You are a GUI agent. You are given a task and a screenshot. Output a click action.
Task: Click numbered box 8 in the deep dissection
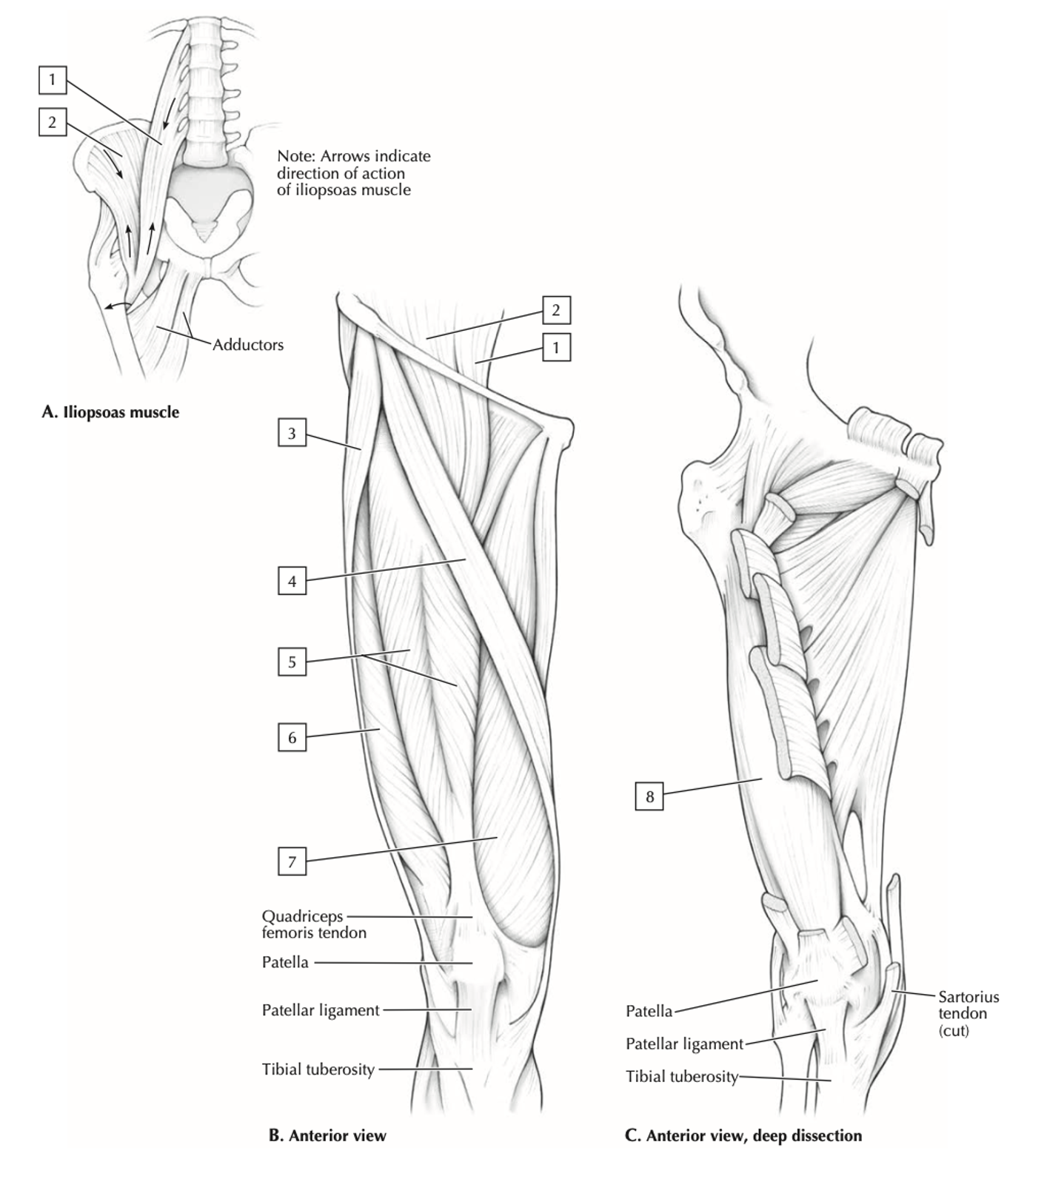pyautogui.click(x=649, y=796)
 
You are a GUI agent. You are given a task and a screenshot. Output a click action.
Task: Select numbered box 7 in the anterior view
pyautogui.click(x=292, y=861)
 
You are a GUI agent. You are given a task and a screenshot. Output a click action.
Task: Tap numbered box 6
pyautogui.click(x=292, y=738)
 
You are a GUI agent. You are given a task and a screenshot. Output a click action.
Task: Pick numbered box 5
pyautogui.click(x=292, y=662)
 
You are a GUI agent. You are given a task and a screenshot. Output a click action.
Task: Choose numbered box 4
pyautogui.click(x=292, y=581)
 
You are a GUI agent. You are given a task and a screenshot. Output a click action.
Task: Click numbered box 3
pyautogui.click(x=292, y=433)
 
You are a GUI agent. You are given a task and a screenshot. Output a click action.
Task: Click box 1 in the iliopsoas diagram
pyautogui.click(x=52, y=79)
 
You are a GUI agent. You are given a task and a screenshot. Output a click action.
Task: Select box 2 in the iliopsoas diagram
pyautogui.click(x=52, y=122)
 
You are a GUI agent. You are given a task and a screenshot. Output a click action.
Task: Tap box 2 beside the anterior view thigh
pyautogui.click(x=556, y=310)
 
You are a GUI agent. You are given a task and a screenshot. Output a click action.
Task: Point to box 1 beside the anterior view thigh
pyautogui.click(x=556, y=347)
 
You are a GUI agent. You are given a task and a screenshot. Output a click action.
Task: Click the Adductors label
pyautogui.click(x=248, y=345)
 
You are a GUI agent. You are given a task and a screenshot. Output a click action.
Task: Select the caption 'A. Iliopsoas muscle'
pyautogui.click(x=110, y=412)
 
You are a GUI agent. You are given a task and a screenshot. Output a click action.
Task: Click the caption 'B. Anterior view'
pyautogui.click(x=327, y=1135)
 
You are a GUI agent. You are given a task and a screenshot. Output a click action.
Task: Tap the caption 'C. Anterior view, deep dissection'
pyautogui.click(x=743, y=1135)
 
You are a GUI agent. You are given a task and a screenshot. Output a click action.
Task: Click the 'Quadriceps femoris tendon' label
pyautogui.click(x=314, y=924)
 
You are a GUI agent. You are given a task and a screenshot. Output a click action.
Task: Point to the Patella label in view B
pyautogui.click(x=285, y=962)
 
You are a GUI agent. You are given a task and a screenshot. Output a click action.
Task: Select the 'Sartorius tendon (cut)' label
pyautogui.click(x=969, y=1014)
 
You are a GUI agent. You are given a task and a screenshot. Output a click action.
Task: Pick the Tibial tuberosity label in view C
pyautogui.click(x=682, y=1077)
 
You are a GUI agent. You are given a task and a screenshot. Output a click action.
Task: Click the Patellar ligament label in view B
pyautogui.click(x=321, y=1010)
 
